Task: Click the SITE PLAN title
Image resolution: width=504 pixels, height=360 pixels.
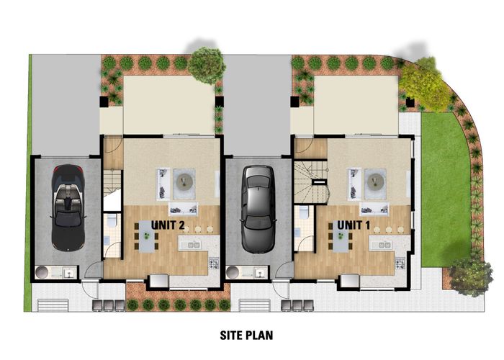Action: (x=246, y=336)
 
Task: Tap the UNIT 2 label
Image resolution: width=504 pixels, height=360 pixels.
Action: (x=168, y=225)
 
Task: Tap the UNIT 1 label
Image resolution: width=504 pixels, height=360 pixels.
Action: (x=354, y=225)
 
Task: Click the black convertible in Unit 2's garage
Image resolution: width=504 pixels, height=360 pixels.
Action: (x=68, y=207)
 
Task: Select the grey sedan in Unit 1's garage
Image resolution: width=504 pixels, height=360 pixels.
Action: (x=258, y=209)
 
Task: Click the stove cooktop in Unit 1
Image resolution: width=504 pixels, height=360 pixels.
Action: (x=400, y=264)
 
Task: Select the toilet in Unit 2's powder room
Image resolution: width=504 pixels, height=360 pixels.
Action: (x=112, y=220)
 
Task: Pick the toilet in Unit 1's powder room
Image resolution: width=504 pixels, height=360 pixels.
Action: (x=303, y=212)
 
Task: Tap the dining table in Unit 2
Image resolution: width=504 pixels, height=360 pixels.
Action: (x=147, y=236)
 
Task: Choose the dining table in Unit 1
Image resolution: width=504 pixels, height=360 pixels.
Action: (x=341, y=236)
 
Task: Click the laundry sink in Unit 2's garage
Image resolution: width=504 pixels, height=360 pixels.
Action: (x=69, y=274)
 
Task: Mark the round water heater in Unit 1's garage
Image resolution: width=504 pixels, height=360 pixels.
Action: (x=232, y=272)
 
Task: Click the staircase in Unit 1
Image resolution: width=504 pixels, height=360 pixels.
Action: (x=311, y=182)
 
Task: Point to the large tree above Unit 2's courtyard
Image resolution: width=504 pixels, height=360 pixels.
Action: (x=206, y=66)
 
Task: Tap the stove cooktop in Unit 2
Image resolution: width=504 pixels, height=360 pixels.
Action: (x=214, y=264)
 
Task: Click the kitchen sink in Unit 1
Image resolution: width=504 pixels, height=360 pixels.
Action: (x=382, y=246)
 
